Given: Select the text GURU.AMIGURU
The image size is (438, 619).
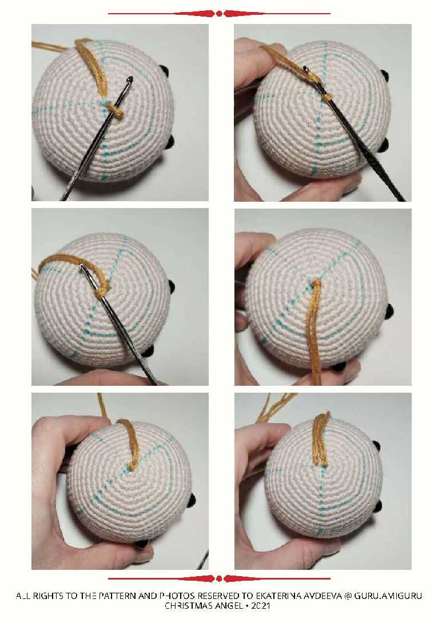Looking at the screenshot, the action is pyautogui.click(x=388, y=596).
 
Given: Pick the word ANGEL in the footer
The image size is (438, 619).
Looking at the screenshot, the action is pyautogui.click(x=228, y=605).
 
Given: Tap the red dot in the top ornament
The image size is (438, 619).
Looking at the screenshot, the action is pyautogui.click(x=219, y=14).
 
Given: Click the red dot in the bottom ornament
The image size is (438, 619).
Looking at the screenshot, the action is pyautogui.click(x=219, y=579).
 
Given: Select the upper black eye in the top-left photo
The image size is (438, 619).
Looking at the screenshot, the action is pyautogui.click(x=164, y=71).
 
